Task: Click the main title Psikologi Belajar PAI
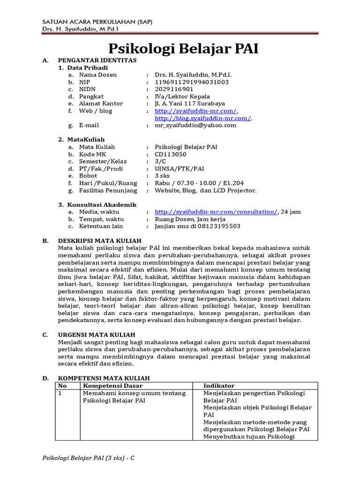[183, 49]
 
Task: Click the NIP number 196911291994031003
[192, 82]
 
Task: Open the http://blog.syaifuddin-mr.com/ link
[203, 118]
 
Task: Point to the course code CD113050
[171, 154]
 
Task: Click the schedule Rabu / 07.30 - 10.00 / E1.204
[199, 183]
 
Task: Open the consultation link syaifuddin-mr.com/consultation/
[216, 212]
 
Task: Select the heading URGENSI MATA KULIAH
[96, 335]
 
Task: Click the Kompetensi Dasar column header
[112, 385]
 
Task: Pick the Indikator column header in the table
[218, 385]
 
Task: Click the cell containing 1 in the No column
[60, 393]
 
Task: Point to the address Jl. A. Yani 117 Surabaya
[190, 104]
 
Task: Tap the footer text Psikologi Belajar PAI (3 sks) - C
[88, 457]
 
